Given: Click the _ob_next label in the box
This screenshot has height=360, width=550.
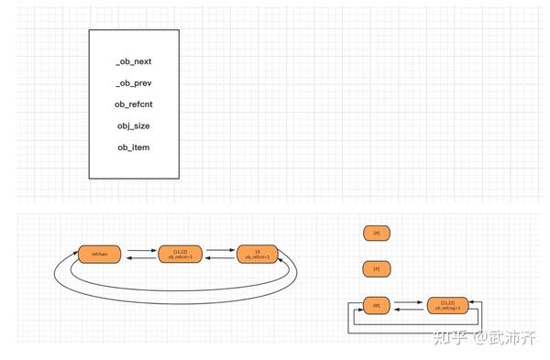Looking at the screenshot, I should coord(133,61).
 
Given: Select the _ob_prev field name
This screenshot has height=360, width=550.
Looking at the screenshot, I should coord(133,83).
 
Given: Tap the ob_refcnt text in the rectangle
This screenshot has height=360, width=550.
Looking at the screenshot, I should coord(133,104).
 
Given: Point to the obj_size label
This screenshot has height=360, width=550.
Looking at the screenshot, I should coord(133,125).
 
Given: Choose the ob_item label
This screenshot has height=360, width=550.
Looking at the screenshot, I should coord(133,147).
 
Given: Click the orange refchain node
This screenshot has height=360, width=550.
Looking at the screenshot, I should coord(100,254).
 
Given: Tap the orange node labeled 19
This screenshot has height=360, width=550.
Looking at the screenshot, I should coord(258,254).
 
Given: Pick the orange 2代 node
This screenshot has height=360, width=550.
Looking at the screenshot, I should coord(376,234).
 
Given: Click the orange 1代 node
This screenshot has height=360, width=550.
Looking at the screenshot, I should coord(376,269).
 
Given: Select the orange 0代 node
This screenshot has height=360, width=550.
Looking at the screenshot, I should coord(376,305).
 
